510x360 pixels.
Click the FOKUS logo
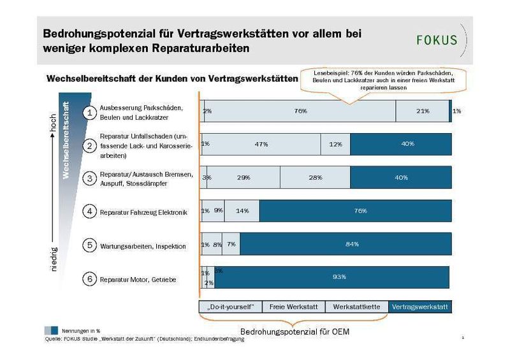(x=437, y=40)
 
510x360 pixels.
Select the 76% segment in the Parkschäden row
(x=301, y=111)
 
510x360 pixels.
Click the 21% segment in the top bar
(x=422, y=111)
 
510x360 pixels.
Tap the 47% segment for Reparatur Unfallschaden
(x=261, y=144)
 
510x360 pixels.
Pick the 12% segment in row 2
(x=335, y=144)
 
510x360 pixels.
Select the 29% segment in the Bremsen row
(x=244, y=177)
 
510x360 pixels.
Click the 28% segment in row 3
(x=315, y=177)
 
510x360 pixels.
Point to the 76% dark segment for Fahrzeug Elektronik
(x=356, y=211)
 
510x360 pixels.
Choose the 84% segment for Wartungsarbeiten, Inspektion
(x=346, y=244)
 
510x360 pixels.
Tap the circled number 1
(x=91, y=112)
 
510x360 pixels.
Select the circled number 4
(x=91, y=212)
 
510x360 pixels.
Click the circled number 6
(x=91, y=278)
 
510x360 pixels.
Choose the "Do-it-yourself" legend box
(x=230, y=306)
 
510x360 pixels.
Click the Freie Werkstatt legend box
(x=293, y=306)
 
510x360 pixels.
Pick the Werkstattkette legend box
(x=356, y=306)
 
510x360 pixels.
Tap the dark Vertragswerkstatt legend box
(x=419, y=306)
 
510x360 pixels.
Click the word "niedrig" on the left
(x=54, y=259)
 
